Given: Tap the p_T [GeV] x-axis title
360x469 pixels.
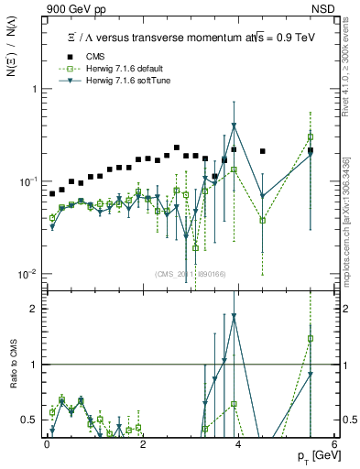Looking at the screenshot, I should point(314,455).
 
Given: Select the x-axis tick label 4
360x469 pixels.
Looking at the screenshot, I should point(239,443).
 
